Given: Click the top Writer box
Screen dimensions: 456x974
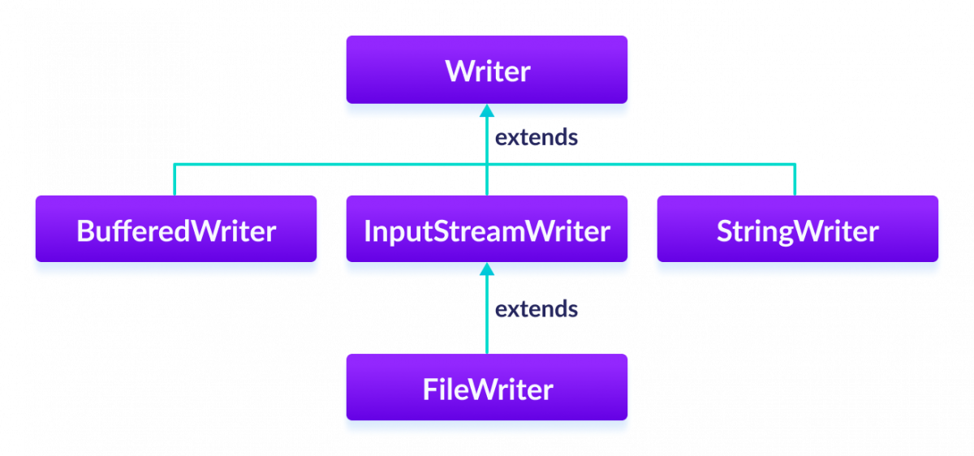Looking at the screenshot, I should pyautogui.click(x=487, y=71).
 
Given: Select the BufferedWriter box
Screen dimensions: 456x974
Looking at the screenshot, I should pyautogui.click(x=175, y=230).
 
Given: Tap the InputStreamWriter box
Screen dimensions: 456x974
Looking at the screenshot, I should pyautogui.click(x=487, y=230).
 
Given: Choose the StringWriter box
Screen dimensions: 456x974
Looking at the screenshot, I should pyautogui.click(x=797, y=230).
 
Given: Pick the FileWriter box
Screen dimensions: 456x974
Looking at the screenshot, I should pyautogui.click(x=487, y=389).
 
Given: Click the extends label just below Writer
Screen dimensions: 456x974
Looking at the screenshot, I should pyautogui.click(x=537, y=138).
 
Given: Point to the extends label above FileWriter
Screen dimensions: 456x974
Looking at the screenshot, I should pyautogui.click(x=537, y=309).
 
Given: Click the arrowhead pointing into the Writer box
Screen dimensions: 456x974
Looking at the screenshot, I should pyautogui.click(x=487, y=111).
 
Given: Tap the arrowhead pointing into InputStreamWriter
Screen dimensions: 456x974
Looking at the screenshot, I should pyautogui.click(x=487, y=269).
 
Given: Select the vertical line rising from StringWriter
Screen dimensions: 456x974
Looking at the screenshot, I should pyautogui.click(x=795, y=180).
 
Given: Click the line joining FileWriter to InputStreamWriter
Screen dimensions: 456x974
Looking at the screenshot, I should pyautogui.click(x=487, y=325).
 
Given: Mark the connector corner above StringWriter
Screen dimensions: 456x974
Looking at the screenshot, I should pyautogui.click(x=795, y=165).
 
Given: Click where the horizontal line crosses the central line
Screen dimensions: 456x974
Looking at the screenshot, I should pyautogui.click(x=487, y=165).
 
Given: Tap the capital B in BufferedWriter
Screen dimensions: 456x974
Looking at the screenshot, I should pyautogui.click(x=84, y=231).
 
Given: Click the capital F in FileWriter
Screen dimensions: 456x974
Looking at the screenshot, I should pyautogui.click(x=429, y=390).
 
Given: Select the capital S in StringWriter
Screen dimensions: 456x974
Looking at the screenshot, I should pyautogui.click(x=725, y=231).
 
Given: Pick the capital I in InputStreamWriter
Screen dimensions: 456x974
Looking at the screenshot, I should pyautogui.click(x=367, y=231).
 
